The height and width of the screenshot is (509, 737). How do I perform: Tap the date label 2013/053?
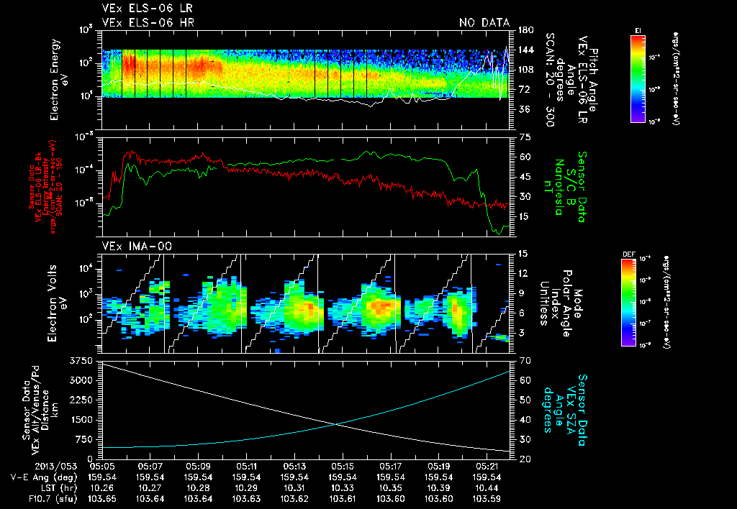tap(26, 465)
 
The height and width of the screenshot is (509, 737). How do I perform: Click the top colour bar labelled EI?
tap(638, 77)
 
